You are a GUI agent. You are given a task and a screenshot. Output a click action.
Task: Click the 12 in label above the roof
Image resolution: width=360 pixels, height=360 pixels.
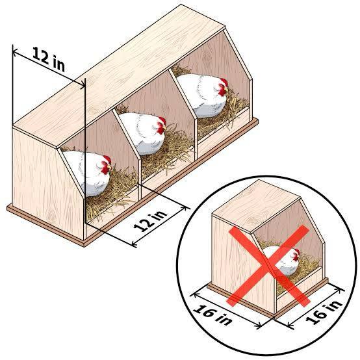49,59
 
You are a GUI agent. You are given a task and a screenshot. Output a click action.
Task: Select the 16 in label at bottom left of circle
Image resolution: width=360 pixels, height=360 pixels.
212,315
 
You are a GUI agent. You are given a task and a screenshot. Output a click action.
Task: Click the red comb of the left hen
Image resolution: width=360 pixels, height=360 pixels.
107,159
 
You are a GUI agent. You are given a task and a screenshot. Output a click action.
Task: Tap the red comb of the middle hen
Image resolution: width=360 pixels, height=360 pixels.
162,120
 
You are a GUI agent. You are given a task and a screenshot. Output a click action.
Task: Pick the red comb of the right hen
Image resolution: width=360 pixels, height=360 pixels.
224,82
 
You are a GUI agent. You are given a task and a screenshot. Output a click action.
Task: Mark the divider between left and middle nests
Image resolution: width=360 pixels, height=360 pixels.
127,147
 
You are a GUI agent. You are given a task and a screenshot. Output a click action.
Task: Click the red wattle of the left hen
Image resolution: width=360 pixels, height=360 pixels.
105,170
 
